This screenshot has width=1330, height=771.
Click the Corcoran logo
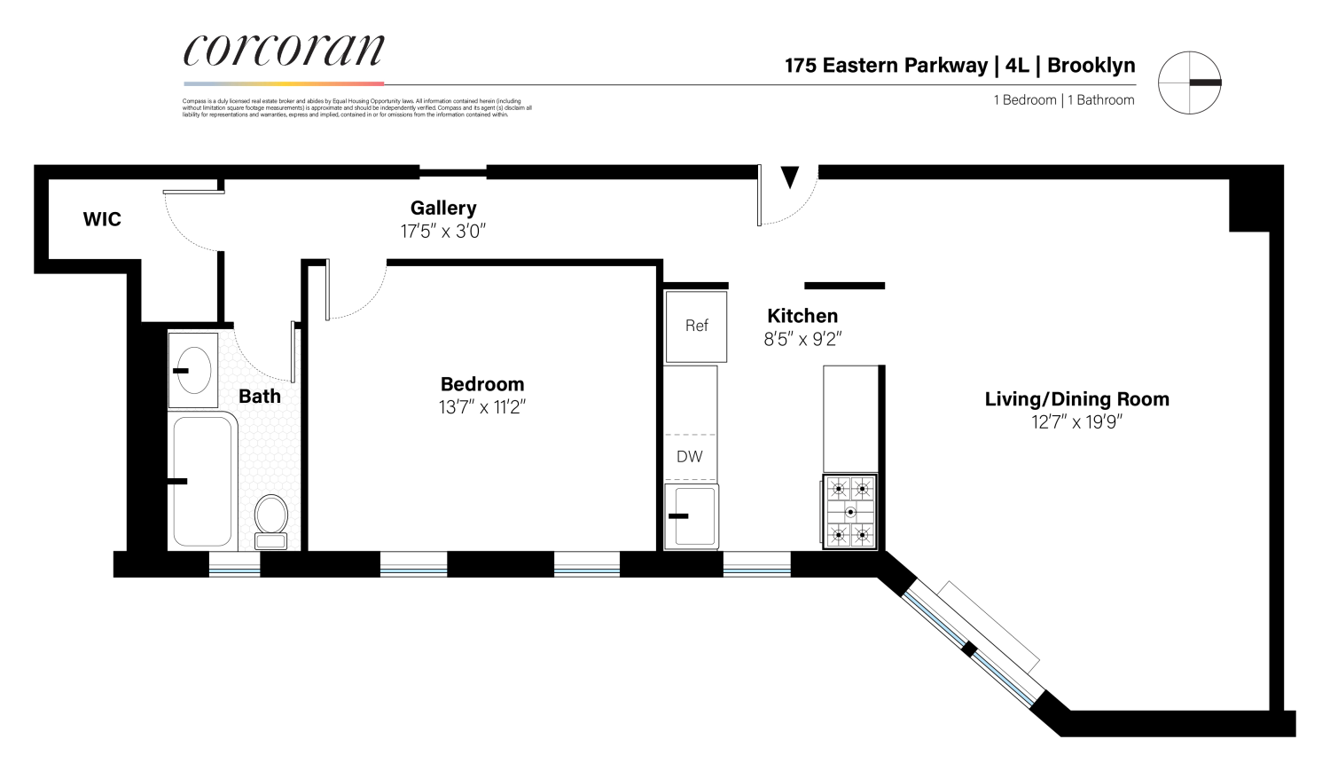[x=284, y=51]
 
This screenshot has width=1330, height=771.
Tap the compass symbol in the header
[x=1189, y=83]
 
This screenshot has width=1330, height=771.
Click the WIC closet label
[x=102, y=219]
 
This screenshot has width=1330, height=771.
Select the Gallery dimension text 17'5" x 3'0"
[x=443, y=232]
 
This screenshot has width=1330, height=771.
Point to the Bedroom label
[x=482, y=384]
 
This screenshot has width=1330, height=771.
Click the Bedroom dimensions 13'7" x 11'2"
[x=482, y=408]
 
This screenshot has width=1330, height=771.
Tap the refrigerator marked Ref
[x=696, y=326]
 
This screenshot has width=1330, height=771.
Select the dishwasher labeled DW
[x=690, y=457]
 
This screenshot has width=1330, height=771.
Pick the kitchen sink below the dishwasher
[x=692, y=516]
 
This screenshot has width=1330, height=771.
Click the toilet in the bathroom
[x=271, y=519]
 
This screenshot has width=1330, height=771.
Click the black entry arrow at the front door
[x=789, y=178]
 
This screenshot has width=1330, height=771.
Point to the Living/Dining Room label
[x=1076, y=399]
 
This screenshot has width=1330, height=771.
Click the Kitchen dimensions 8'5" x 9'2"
[x=802, y=339]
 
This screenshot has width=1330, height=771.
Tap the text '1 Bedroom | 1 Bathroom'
[x=1063, y=100]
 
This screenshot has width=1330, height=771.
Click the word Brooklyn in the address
[x=1091, y=66]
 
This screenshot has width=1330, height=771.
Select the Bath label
[x=260, y=397]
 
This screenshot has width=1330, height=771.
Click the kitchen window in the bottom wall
[x=756, y=564]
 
